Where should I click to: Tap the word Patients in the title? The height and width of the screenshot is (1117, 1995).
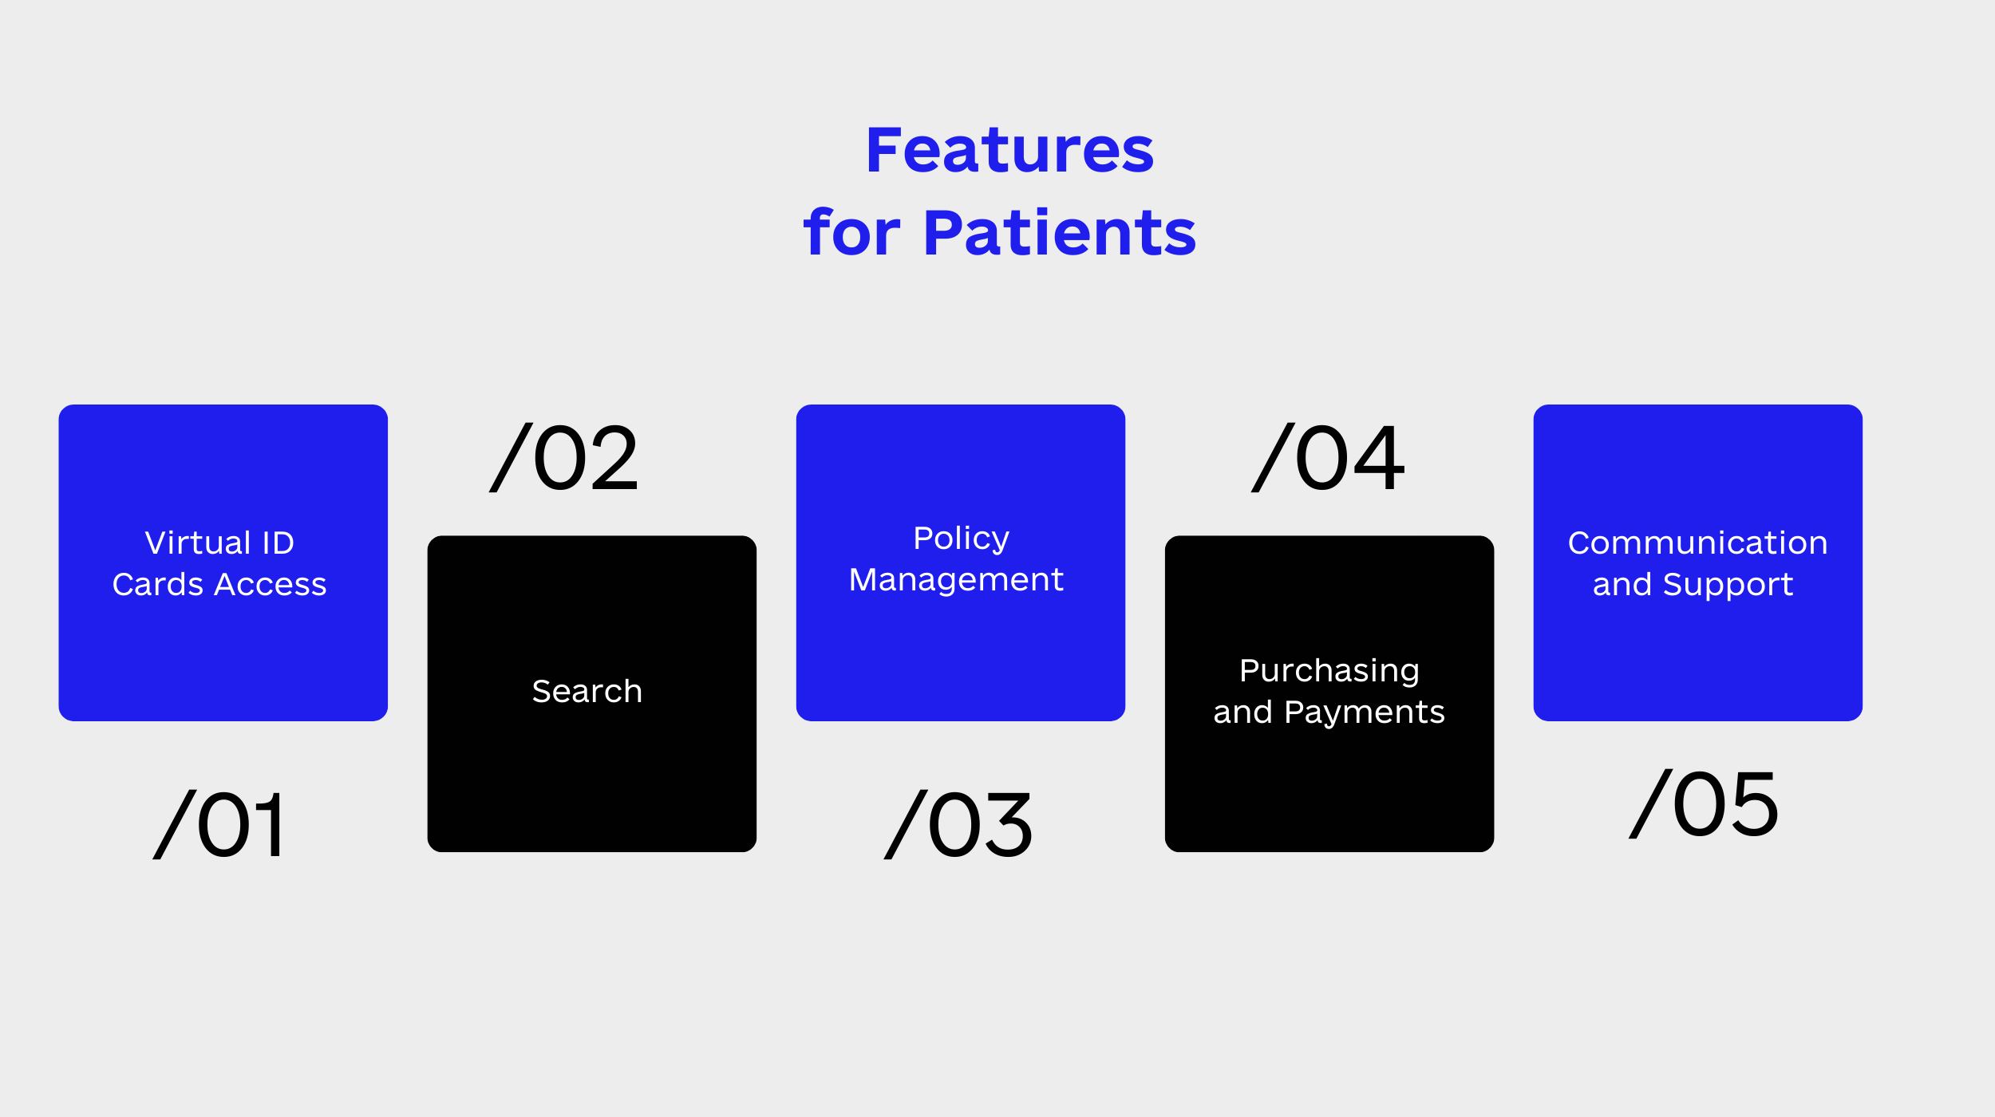[1060, 233]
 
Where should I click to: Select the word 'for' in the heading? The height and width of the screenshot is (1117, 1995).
[851, 231]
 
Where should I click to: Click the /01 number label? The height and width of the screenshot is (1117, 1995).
[217, 825]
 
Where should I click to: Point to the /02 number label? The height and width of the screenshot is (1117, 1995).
[563, 458]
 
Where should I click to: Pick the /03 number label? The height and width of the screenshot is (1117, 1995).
[958, 825]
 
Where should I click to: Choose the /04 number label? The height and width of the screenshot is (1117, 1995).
[1328, 458]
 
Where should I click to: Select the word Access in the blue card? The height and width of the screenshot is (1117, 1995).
[271, 585]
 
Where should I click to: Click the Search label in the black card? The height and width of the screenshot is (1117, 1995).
[587, 691]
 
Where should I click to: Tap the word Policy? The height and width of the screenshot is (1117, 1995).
[961, 539]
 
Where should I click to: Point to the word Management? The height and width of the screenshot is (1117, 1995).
[956, 580]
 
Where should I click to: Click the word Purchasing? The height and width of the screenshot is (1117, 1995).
[1329, 672]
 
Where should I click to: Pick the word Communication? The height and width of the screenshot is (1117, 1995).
[1697, 543]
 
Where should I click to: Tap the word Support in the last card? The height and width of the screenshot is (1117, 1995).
[1728, 585]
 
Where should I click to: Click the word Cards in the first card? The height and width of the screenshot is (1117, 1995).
[158, 585]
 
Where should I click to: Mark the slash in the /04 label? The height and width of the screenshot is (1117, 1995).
[1273, 458]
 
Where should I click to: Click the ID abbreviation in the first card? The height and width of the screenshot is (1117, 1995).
[278, 543]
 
